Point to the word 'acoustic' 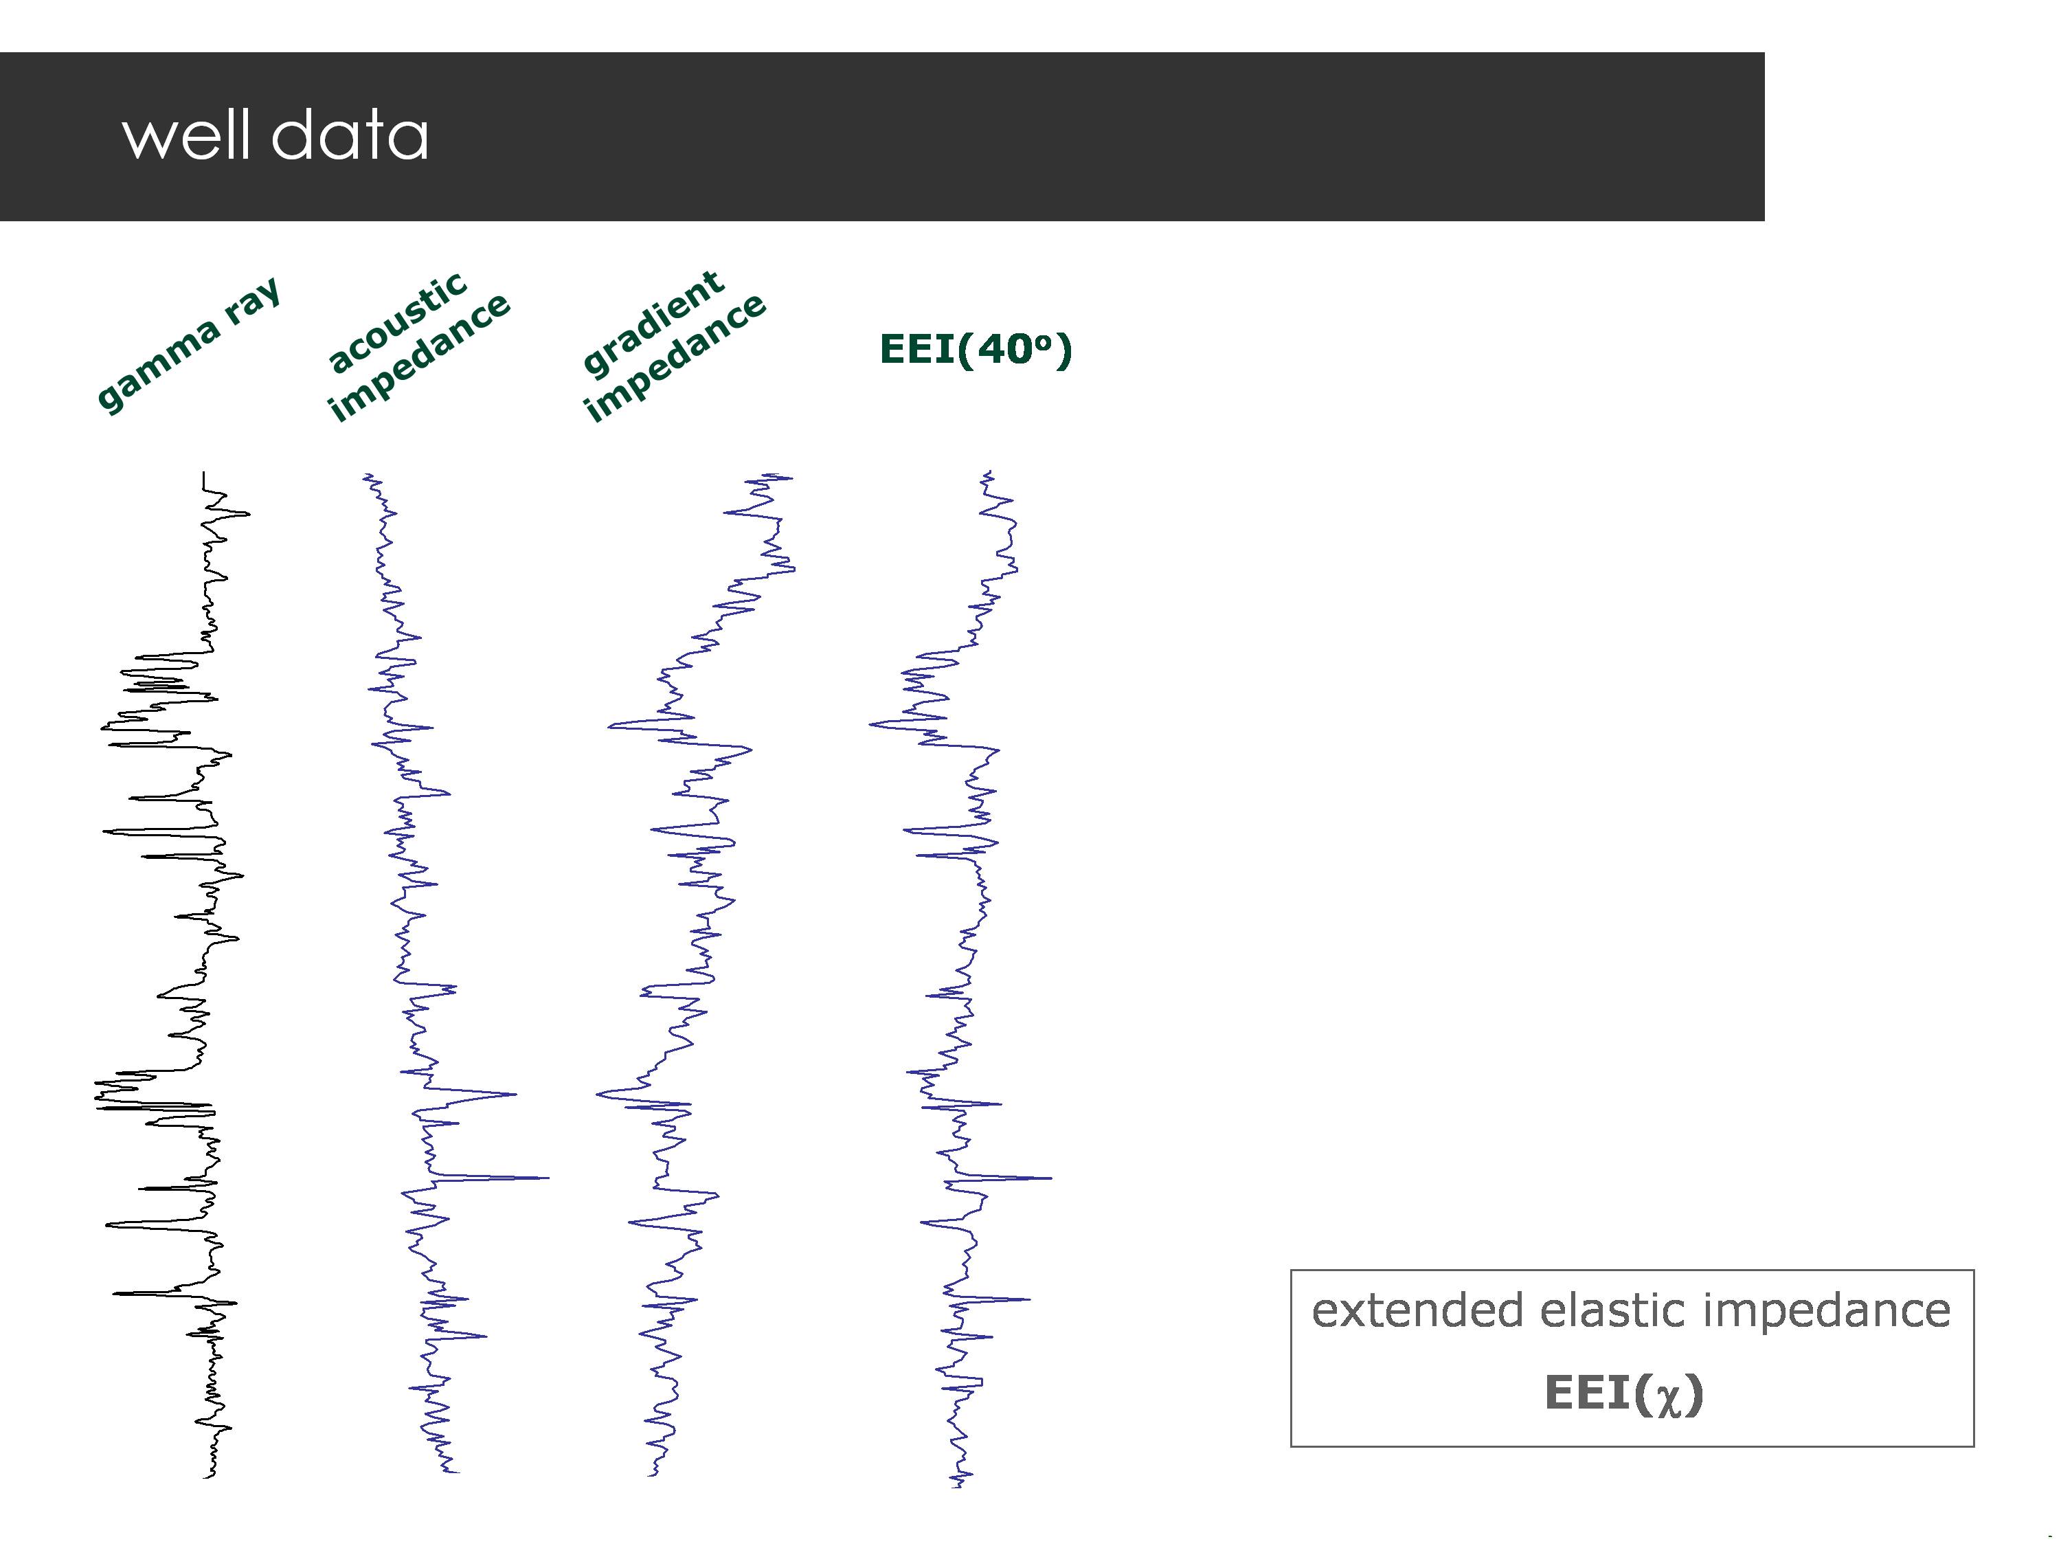pos(398,322)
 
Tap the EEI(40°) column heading pos(976,350)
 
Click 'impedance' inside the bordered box pos(1826,1310)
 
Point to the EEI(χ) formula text pos(1624,1393)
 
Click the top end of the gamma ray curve pos(204,473)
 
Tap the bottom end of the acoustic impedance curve pos(457,1472)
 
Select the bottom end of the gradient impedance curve pos(652,1475)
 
